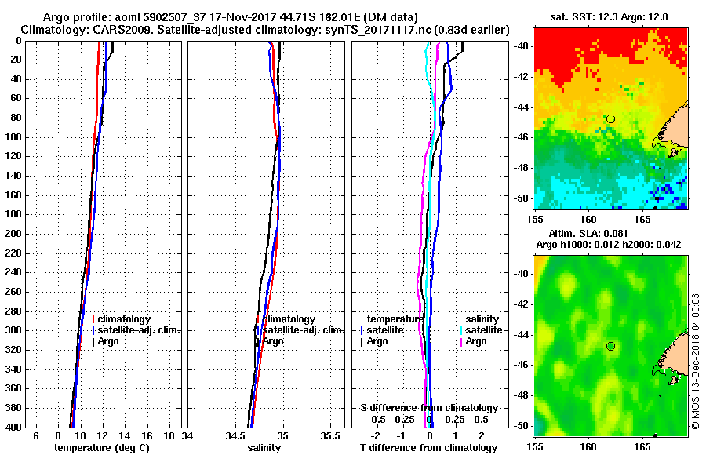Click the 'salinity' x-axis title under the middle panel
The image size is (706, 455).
tap(264, 448)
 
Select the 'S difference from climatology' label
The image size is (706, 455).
tap(429, 408)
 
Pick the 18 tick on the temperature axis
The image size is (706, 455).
tap(169, 435)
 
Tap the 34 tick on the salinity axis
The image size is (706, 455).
tap(188, 435)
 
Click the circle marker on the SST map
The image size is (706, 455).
tap(610, 118)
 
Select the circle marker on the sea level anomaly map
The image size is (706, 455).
tap(610, 346)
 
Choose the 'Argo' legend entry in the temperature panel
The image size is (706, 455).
tap(110, 341)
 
